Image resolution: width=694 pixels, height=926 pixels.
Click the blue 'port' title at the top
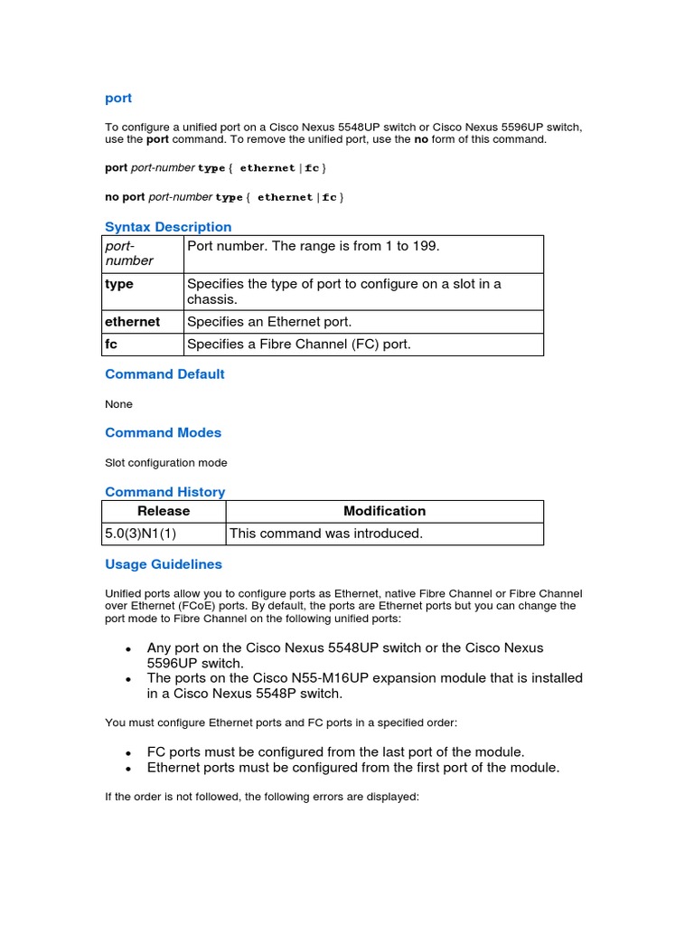(118, 98)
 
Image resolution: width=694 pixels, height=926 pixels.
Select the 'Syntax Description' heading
(168, 226)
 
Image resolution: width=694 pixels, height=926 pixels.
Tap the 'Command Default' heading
(164, 373)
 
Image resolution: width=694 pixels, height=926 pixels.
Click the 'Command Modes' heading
(163, 432)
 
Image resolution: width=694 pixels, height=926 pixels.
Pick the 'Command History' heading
(164, 491)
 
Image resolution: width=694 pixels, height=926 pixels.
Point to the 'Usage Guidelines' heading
(163, 563)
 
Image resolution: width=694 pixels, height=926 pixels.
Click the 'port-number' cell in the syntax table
(129, 252)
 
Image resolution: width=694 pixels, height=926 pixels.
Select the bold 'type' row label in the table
(119, 284)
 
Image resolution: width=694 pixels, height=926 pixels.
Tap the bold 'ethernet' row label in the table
(132, 321)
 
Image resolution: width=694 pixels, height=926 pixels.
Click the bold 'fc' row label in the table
(111, 344)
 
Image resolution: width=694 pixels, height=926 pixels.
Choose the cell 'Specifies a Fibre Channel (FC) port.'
(298, 344)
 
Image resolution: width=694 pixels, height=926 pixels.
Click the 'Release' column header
(164, 511)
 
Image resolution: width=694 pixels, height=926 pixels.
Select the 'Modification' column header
(384, 511)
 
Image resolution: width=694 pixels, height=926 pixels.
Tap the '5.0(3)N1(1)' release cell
(141, 534)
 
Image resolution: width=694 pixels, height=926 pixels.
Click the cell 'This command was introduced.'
(326, 534)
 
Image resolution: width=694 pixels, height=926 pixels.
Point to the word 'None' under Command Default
(118, 403)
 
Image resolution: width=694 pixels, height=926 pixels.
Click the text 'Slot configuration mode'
(166, 462)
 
